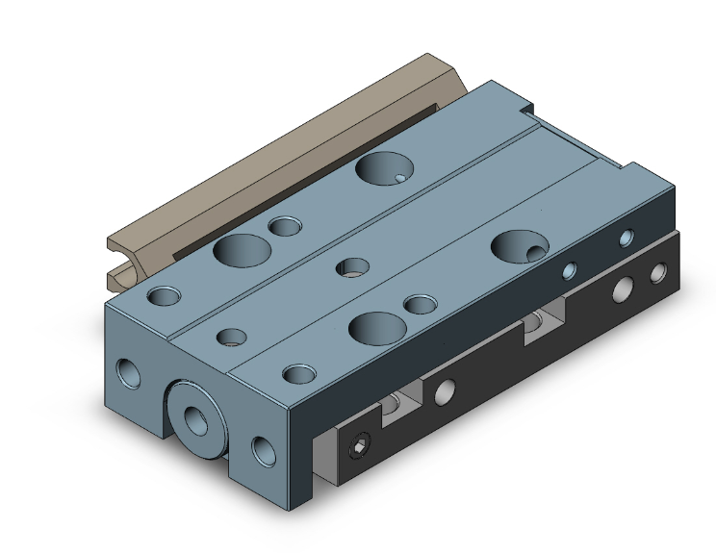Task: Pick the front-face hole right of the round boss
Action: coord(262,448)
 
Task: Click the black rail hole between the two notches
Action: coord(445,391)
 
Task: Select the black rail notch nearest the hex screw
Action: coord(399,408)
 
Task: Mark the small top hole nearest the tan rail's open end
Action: coord(163,294)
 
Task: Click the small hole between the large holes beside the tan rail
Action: coord(284,226)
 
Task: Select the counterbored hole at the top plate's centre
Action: coord(352,267)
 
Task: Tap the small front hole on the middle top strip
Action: coord(231,337)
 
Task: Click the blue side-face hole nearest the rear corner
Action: coord(626,237)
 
